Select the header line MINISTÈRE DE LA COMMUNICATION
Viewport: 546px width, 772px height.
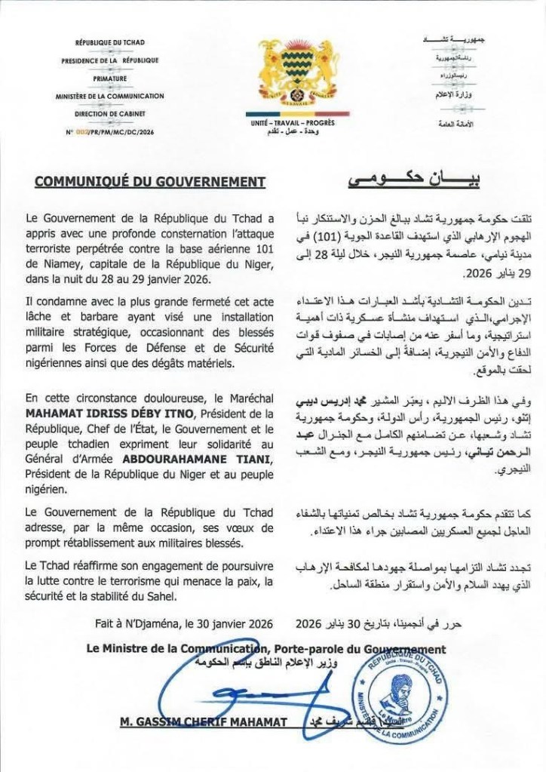(110, 96)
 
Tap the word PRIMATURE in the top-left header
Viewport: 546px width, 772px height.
(110, 78)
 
